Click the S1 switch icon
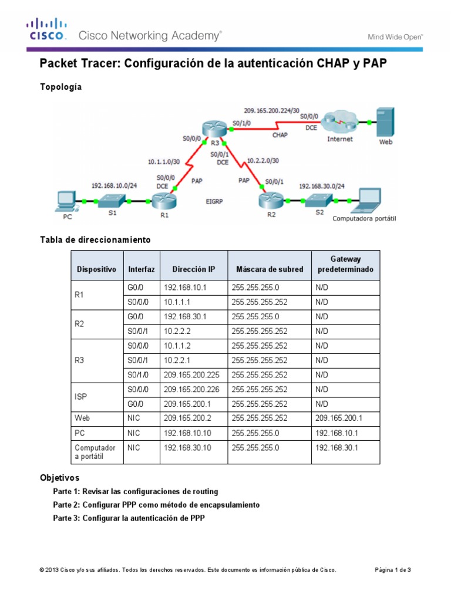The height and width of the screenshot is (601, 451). coord(110,201)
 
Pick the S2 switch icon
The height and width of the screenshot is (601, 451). coord(317,201)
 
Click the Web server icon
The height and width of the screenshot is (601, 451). coord(385,121)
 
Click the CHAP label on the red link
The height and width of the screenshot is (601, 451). coord(280,134)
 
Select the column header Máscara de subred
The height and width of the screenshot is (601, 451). coord(270,269)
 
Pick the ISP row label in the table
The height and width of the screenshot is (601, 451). coord(81,397)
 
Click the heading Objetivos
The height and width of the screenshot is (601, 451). coord(59,478)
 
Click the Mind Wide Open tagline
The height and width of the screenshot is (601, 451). coord(395,36)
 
